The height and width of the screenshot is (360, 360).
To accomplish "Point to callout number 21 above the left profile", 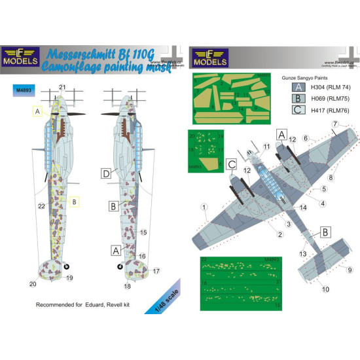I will tap(63, 87).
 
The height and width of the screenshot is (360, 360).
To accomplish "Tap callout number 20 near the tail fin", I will tap(33, 283).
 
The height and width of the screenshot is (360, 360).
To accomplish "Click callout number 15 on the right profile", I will tap(143, 232).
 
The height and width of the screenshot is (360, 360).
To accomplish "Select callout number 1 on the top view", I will tap(205, 210).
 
